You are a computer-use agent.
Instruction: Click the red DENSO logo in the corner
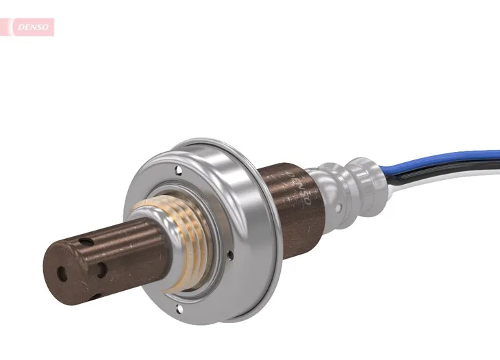point(27,27)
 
